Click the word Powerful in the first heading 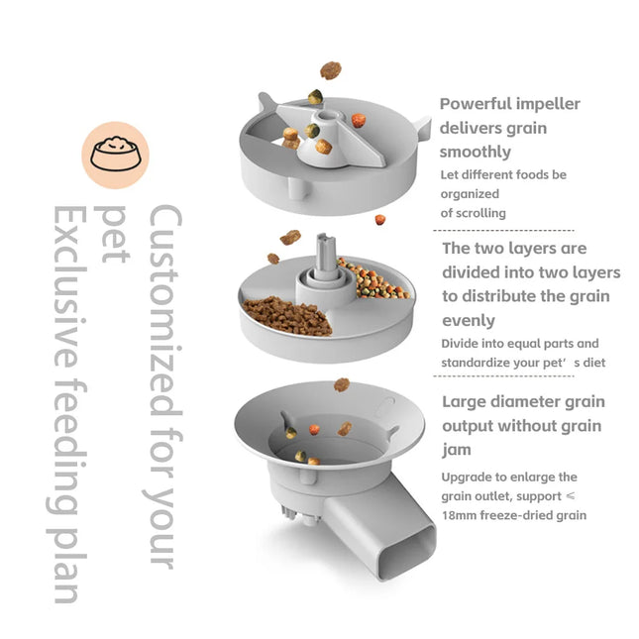(x=477, y=104)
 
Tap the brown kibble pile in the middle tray (x=288, y=315)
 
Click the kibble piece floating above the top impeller (x=330, y=70)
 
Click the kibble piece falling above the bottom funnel (x=342, y=384)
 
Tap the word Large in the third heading (x=466, y=402)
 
